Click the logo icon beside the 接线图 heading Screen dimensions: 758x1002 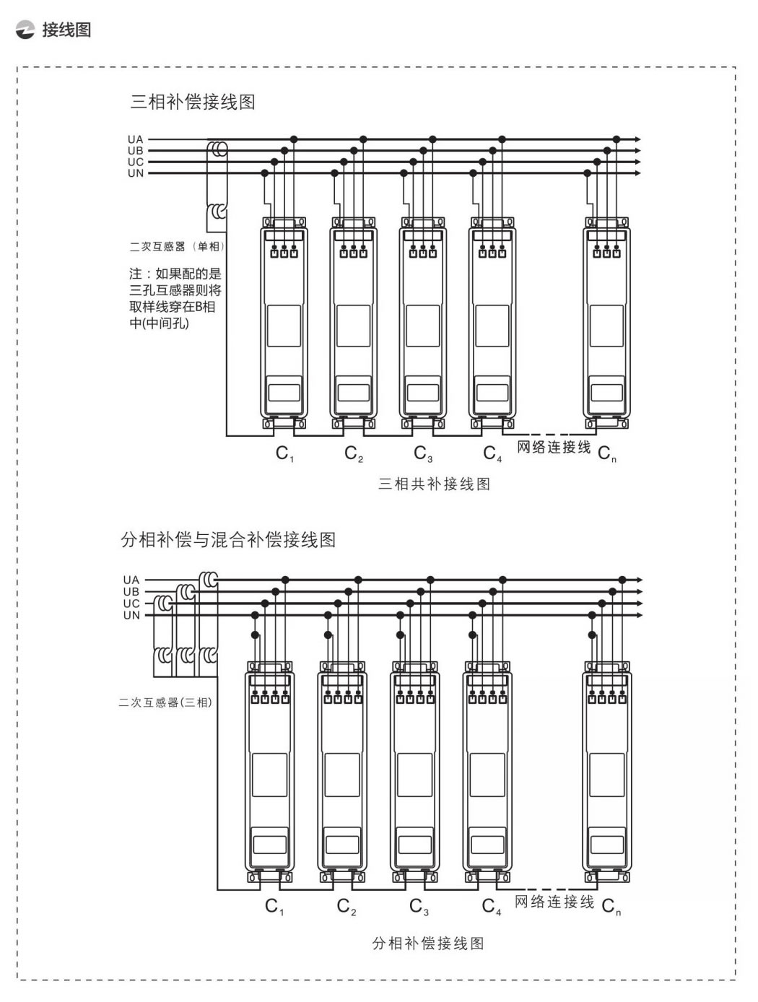pos(25,30)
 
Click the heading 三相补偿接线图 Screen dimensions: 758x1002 pos(193,102)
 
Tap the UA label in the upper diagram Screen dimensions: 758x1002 pos(136,139)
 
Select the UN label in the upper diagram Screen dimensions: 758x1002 pos(136,173)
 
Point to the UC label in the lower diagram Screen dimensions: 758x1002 pos(131,604)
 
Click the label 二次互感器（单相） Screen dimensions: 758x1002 pos(177,246)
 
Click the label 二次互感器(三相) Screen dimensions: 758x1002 pos(165,702)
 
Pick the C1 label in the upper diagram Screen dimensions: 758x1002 pos(284,454)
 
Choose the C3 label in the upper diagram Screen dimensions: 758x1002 pos(423,454)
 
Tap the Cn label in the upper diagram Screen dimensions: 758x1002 pos(607,454)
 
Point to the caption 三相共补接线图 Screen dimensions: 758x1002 pos(434,484)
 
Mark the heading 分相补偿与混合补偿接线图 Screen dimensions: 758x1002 pos(228,540)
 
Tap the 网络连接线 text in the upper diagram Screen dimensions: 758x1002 pos(554,448)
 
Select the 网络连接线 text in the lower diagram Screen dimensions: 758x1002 pos(554,902)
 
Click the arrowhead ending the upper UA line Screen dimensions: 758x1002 pos(637,139)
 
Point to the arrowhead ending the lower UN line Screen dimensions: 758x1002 pos(639,615)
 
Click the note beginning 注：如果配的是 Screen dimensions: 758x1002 pos(175,299)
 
